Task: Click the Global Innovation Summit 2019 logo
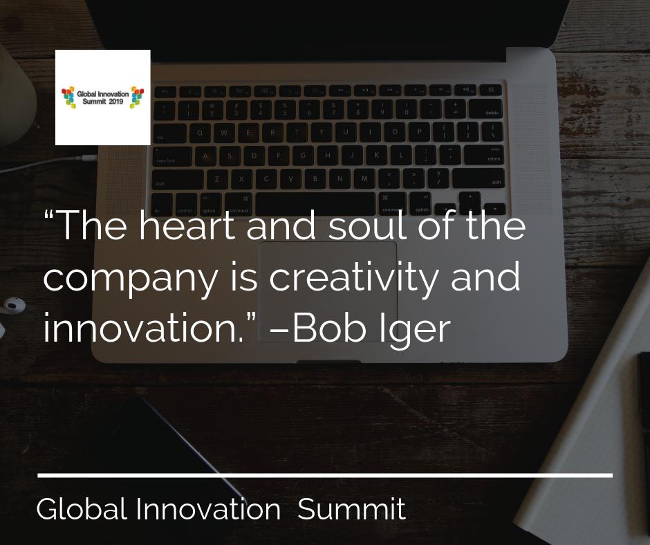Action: tap(102, 97)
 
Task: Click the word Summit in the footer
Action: tap(351, 510)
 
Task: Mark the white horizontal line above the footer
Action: tap(325, 475)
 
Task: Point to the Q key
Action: tap(201, 132)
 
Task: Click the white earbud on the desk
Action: tap(12, 304)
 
